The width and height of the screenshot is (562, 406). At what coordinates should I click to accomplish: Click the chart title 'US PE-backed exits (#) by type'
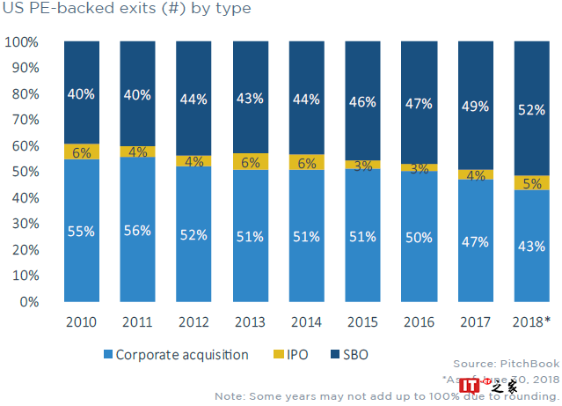[127, 10]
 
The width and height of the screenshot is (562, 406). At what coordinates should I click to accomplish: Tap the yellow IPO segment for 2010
[81, 151]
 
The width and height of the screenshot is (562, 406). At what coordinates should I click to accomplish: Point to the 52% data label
[531, 110]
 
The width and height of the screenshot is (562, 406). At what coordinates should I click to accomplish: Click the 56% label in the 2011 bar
[137, 231]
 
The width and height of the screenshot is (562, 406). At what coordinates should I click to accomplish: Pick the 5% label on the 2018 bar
[531, 183]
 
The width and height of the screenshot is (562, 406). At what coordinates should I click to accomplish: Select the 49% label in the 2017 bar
[475, 107]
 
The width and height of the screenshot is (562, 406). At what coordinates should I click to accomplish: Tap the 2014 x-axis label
[306, 321]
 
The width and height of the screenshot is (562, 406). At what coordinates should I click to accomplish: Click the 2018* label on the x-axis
[531, 321]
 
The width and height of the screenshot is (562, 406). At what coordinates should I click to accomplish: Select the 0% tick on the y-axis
[29, 302]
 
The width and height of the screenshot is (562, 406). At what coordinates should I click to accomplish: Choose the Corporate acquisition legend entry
[176, 355]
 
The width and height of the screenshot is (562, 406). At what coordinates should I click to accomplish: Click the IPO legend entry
[290, 355]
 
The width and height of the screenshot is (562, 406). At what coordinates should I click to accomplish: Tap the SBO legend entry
[347, 355]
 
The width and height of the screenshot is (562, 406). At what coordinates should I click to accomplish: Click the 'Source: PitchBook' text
[506, 364]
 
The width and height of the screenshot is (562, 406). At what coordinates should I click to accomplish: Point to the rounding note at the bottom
[387, 395]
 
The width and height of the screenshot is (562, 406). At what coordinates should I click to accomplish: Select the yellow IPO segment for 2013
[250, 161]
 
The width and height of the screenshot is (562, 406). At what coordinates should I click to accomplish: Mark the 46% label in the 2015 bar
[362, 102]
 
